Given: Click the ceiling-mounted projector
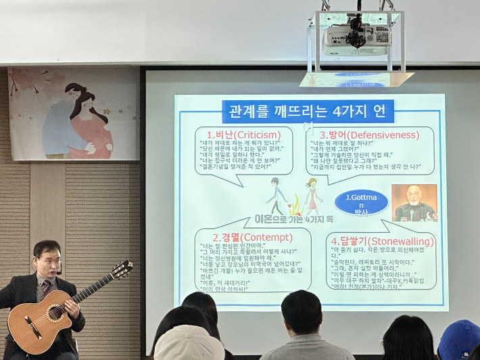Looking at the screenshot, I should tap(357, 40).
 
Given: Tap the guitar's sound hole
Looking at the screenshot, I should tap(55, 313).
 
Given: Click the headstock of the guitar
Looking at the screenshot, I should tap(122, 270).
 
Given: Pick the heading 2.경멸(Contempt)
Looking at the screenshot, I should tap(252, 238).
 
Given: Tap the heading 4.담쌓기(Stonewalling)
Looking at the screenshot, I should tap(382, 241).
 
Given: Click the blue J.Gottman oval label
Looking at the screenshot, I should tap(362, 202).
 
